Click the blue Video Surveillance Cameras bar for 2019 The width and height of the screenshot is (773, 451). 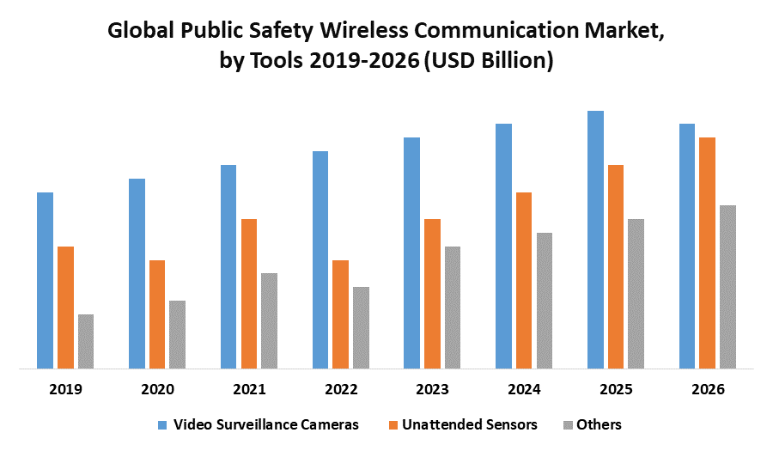45,281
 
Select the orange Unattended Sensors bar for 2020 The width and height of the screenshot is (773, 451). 157,314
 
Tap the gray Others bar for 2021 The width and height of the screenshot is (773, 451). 269,321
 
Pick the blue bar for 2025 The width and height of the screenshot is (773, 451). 595,240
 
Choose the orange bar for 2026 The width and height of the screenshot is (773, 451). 707,253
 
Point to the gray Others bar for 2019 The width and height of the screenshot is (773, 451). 86,342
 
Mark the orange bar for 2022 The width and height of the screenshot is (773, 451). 341,314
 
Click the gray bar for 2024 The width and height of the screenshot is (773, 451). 545,301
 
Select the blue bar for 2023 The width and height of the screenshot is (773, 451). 411,253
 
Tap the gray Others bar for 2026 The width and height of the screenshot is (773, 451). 727,287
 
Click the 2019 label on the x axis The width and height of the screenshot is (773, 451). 65,389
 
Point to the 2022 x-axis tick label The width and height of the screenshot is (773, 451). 341,389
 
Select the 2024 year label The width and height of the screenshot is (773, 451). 524,389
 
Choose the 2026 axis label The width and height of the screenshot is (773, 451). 707,389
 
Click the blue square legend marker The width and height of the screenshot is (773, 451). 162,424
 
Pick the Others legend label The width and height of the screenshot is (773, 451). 599,424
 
